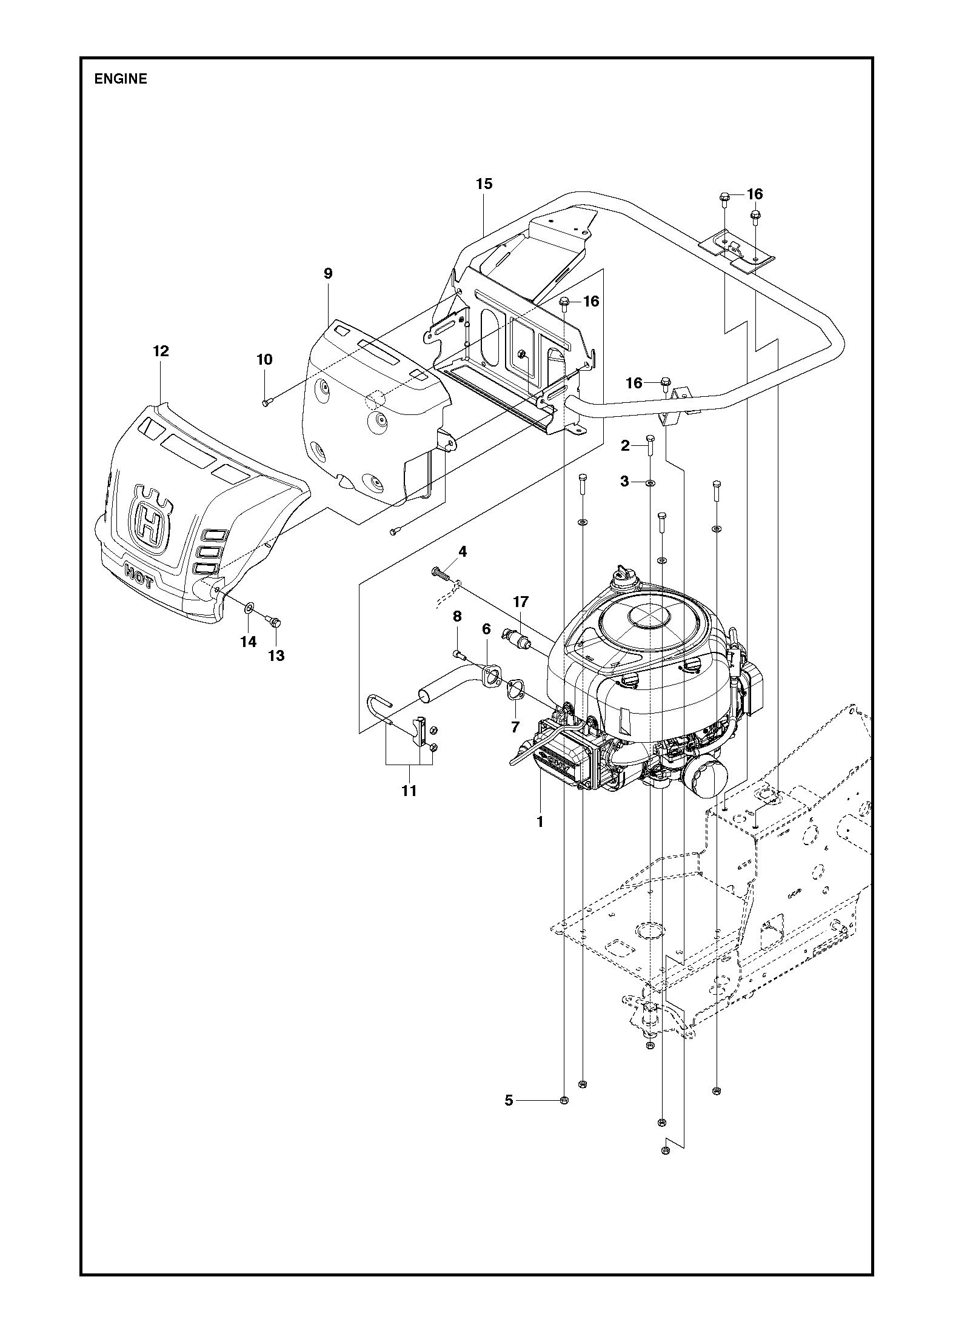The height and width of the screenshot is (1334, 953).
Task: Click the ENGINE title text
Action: click(x=121, y=79)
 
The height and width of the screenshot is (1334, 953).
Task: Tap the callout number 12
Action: click(x=161, y=351)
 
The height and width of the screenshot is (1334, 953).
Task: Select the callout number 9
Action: click(x=328, y=273)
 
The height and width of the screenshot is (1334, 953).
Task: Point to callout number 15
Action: click(x=484, y=184)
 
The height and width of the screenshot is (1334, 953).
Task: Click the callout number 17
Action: click(x=521, y=602)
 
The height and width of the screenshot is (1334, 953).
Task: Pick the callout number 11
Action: click(x=409, y=791)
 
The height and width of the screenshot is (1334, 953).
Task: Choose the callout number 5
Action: click(x=509, y=1101)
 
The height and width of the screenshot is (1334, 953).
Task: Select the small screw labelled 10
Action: click(x=267, y=402)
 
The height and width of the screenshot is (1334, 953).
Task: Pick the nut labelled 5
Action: click(x=564, y=1100)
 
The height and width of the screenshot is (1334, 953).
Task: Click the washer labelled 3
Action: click(x=650, y=483)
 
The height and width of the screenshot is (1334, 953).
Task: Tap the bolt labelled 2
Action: click(x=650, y=446)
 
